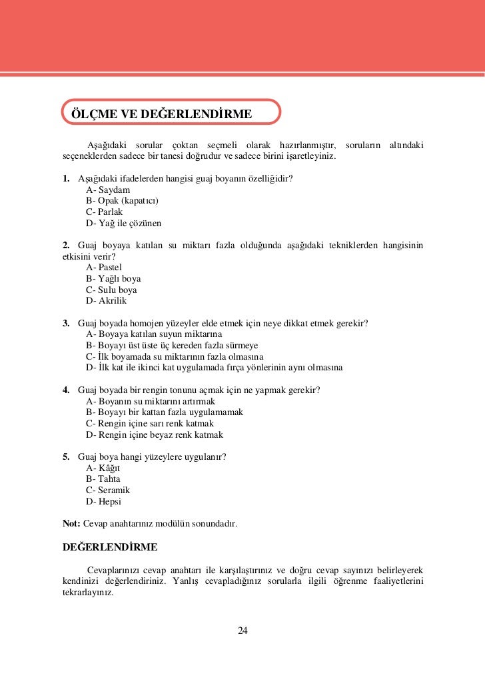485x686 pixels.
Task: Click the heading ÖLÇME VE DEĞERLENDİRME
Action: [161, 114]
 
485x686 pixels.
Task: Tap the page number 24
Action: [242, 631]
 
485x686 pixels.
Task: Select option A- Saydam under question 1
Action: [108, 190]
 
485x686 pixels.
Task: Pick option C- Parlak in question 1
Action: [105, 212]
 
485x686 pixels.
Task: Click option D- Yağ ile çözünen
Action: [124, 223]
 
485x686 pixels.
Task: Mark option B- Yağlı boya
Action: [113, 279]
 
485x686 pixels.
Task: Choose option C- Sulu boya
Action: [111, 290]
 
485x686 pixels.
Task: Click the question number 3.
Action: [66, 324]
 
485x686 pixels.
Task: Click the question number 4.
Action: [66, 390]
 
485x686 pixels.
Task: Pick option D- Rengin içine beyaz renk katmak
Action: [155, 434]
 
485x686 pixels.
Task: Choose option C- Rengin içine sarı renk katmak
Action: [150, 424]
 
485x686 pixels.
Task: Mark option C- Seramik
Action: [108, 490]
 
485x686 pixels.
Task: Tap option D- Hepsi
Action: [103, 501]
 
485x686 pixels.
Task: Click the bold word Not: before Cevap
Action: [71, 524]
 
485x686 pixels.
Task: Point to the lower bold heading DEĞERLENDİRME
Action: [110, 547]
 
